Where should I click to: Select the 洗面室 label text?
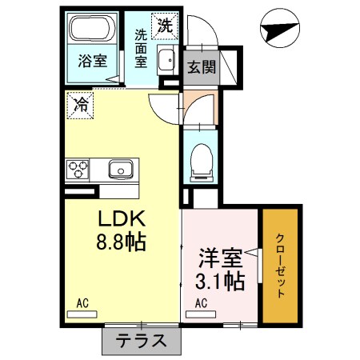141,47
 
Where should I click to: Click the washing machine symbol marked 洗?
164,25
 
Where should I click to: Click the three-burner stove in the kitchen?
78,170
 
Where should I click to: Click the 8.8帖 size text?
121,242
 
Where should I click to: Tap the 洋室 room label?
220,258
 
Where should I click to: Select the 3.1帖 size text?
220,282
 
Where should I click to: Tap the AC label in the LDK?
82,302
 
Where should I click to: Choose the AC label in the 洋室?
202,302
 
